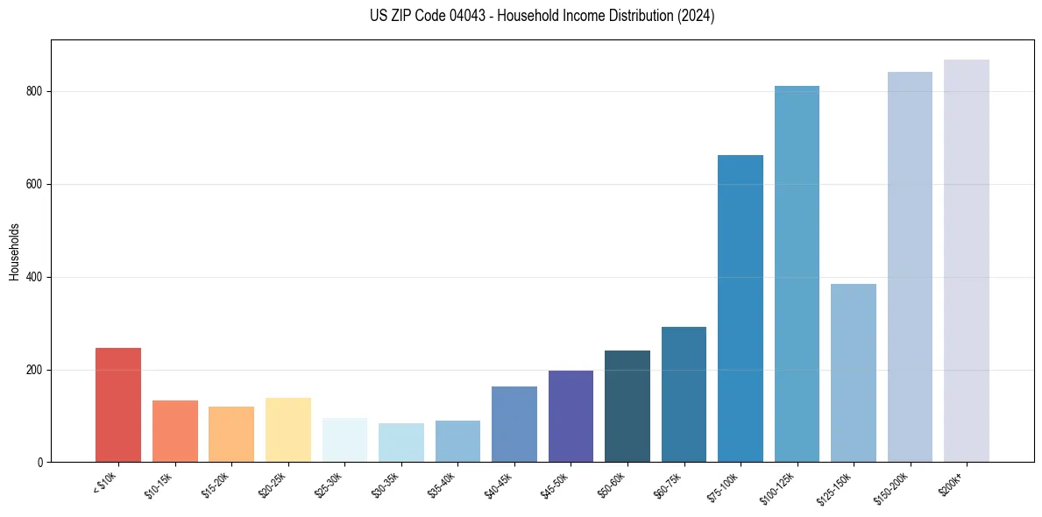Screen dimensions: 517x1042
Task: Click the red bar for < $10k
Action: (x=118, y=405)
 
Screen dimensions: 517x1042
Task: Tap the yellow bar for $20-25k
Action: (x=288, y=429)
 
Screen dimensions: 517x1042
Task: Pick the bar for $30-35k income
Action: (x=401, y=443)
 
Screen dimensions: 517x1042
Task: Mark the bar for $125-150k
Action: (x=854, y=372)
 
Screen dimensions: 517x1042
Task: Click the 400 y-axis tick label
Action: (x=36, y=278)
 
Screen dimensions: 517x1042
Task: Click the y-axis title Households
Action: (x=15, y=251)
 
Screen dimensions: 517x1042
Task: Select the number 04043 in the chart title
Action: (x=464, y=16)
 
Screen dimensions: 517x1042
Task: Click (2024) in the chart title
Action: (x=696, y=16)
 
